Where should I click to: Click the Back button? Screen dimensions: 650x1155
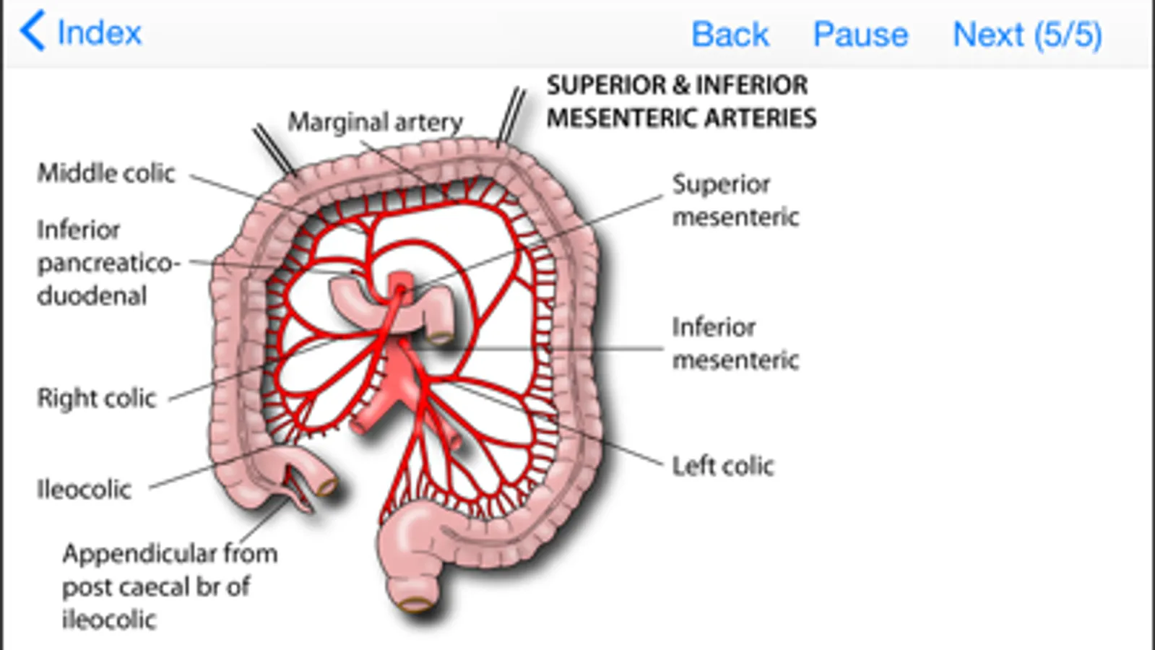pyautogui.click(x=730, y=34)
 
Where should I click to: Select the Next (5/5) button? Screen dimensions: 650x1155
pyautogui.click(x=1026, y=34)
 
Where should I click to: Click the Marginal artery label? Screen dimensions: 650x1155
pyautogui.click(x=375, y=122)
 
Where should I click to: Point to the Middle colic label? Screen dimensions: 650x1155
pyautogui.click(x=106, y=173)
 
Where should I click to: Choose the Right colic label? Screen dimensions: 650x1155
pyautogui.click(x=96, y=398)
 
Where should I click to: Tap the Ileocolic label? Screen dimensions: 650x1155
pyautogui.click(x=84, y=490)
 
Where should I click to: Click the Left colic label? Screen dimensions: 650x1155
pyautogui.click(x=722, y=467)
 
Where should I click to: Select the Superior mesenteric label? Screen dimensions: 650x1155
pyautogui.click(x=735, y=200)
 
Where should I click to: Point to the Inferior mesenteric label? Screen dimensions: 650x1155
pyautogui.click(x=735, y=343)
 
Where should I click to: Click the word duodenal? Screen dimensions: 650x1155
pyautogui.click(x=92, y=296)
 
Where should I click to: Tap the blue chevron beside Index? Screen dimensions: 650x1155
pyautogui.click(x=33, y=31)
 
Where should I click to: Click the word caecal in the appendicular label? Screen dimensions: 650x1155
pyautogui.click(x=154, y=587)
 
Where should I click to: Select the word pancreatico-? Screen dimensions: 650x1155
pyautogui.click(x=108, y=263)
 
